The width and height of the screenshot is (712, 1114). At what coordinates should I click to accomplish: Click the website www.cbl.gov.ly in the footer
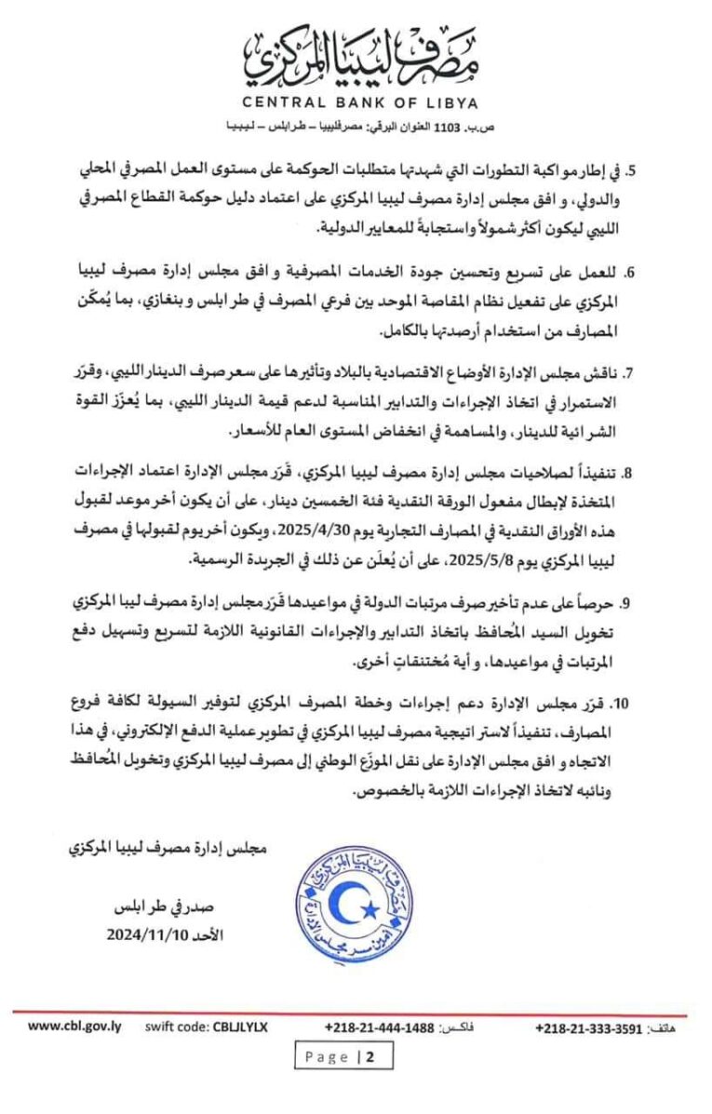[74, 1027]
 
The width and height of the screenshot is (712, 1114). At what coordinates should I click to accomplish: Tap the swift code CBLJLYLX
[206, 1027]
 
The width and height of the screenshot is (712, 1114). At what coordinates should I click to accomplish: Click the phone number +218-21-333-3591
[590, 1027]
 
